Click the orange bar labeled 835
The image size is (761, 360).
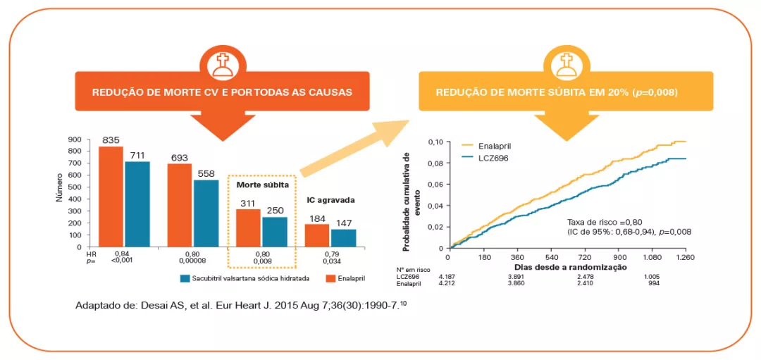tap(111, 197)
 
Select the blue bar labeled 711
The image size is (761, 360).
tap(137, 204)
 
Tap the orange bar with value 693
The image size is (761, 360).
tap(179, 205)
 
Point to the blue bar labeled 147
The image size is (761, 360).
tap(344, 238)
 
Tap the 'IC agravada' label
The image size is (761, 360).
tap(330, 200)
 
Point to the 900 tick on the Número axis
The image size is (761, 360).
tap(74, 139)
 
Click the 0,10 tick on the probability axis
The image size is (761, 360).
tap(435, 142)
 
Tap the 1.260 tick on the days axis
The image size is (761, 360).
tap(685, 258)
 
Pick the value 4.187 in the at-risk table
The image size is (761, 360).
tap(448, 277)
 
